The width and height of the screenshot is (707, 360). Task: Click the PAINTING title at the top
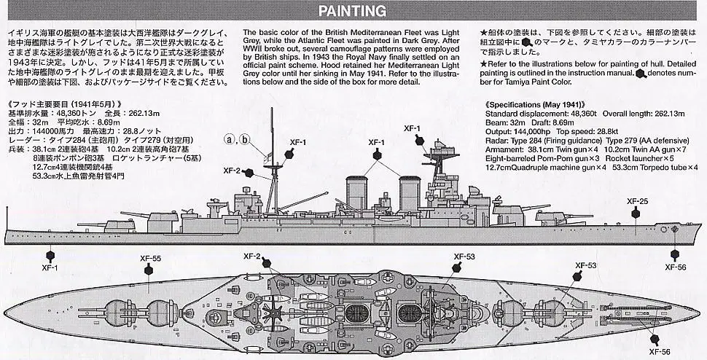[x=353, y=11]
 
